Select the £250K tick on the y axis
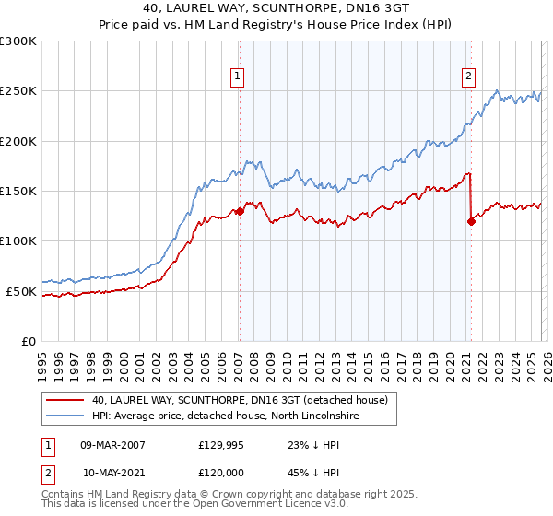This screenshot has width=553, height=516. pyautogui.click(x=18, y=91)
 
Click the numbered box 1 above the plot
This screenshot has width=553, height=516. pyautogui.click(x=238, y=76)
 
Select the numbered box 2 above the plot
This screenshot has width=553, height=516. pyautogui.click(x=469, y=76)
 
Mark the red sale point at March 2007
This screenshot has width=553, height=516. pyautogui.click(x=240, y=211)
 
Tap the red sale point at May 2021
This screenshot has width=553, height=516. pyautogui.click(x=471, y=221)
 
